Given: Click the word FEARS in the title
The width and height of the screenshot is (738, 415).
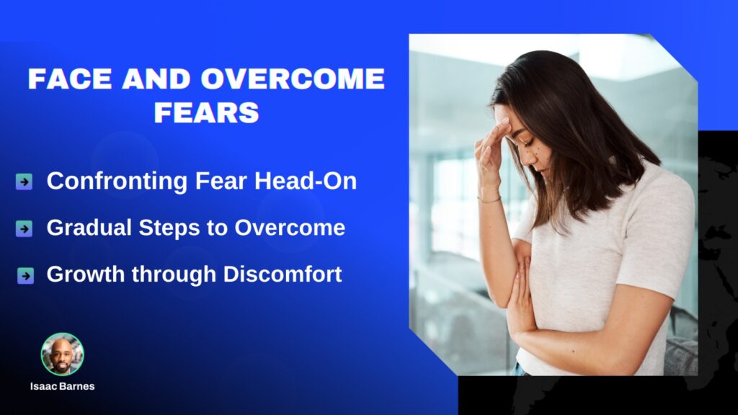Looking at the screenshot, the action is tap(207, 112).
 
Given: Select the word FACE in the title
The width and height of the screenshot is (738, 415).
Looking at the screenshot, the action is tap(70, 79).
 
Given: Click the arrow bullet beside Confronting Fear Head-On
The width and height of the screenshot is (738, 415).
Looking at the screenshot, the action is tap(24, 181).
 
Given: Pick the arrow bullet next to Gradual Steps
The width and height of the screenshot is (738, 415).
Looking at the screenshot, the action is tap(24, 228).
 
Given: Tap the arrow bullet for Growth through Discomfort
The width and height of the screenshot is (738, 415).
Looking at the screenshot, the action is tap(25, 276).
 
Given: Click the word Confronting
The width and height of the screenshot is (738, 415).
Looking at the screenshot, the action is tap(117, 182).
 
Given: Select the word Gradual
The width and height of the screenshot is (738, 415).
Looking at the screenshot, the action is tap(89, 228).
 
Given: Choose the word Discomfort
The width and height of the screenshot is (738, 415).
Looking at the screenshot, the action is tap(283, 275).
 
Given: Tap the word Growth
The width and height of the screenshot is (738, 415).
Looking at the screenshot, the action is tap(85, 275).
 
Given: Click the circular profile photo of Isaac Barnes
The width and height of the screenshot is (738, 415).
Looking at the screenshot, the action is tap(62, 354).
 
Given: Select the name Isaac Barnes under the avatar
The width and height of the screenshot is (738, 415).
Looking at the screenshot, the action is tap(63, 386).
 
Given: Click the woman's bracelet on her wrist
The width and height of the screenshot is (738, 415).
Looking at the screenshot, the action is tap(489, 200).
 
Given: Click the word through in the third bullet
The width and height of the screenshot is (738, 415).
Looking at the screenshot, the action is tap(174, 275).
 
